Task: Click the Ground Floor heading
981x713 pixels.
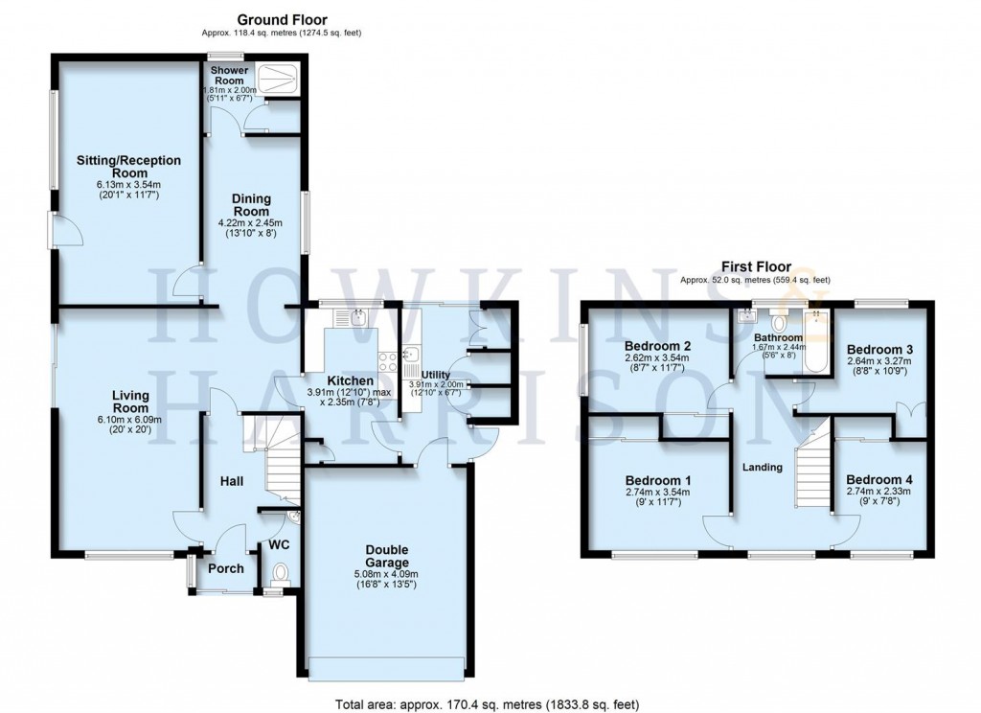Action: pos(282,19)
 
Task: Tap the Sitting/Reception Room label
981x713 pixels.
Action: pos(128,167)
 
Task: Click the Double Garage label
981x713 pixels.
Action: pos(386,556)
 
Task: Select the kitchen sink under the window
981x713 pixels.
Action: pos(357,317)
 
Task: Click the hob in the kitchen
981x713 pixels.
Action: pos(390,361)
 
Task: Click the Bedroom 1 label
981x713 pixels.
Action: pos(658,480)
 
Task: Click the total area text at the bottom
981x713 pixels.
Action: pos(487,704)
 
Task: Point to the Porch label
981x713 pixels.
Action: pos(226,568)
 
